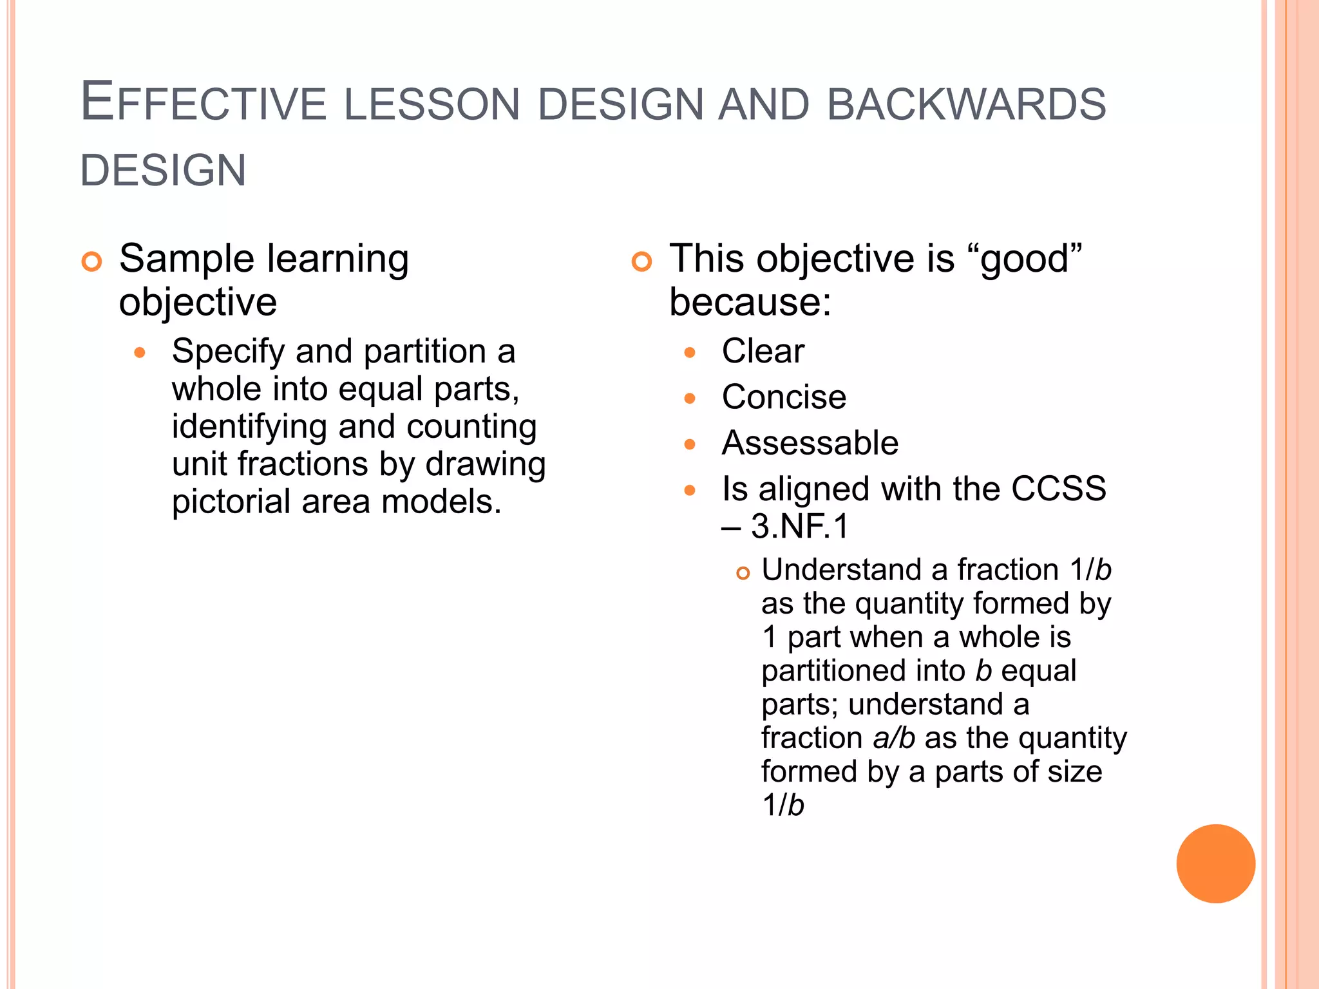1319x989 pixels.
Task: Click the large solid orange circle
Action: (1215, 863)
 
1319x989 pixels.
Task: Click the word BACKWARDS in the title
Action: (966, 104)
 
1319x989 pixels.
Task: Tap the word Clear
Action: (763, 352)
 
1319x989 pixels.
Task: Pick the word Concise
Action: (784, 397)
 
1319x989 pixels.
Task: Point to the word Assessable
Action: (810, 443)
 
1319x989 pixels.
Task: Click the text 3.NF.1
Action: (801, 526)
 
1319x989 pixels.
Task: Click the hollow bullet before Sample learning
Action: (92, 261)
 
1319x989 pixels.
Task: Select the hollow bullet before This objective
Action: (641, 261)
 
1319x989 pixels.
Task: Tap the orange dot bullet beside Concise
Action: (690, 399)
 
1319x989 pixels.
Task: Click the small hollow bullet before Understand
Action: (743, 573)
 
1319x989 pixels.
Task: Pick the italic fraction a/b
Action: (893, 738)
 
